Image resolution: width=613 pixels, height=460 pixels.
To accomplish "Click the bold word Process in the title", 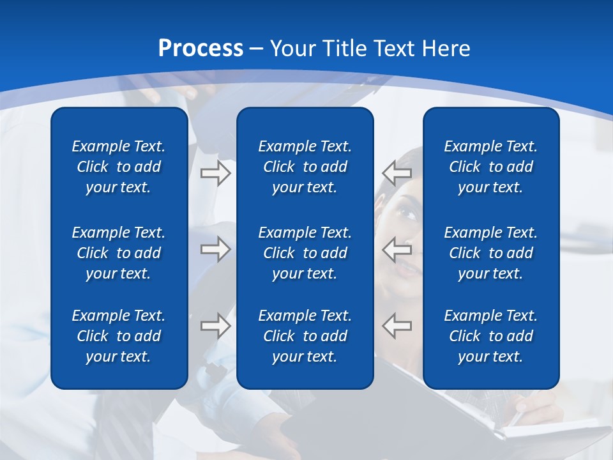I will [201, 49].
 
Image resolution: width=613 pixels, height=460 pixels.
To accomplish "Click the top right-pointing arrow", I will [215, 173].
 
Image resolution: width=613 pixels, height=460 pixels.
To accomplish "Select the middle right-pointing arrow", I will [215, 249].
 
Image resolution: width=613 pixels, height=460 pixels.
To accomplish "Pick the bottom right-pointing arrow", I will [215, 325].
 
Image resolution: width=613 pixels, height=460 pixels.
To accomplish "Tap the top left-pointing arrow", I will [397, 173].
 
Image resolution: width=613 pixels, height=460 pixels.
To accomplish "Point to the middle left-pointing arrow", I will [397, 249].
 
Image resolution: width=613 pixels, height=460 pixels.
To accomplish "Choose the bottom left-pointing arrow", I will [397, 325].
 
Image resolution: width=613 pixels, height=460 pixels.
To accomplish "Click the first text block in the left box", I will [119, 167].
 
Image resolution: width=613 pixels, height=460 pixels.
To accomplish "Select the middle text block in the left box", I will [119, 253].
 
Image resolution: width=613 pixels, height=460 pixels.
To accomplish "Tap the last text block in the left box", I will [119, 336].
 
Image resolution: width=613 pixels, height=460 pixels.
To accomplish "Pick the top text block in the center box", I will [305, 167].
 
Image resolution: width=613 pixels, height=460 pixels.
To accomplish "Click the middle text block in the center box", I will [305, 253].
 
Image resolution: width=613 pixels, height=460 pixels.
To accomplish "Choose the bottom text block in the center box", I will [305, 336].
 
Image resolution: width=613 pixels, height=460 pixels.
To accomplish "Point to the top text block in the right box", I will [490, 167].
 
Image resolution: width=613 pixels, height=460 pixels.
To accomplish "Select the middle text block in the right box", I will [490, 253].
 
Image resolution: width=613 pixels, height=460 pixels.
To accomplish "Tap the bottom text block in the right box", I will [490, 336].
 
